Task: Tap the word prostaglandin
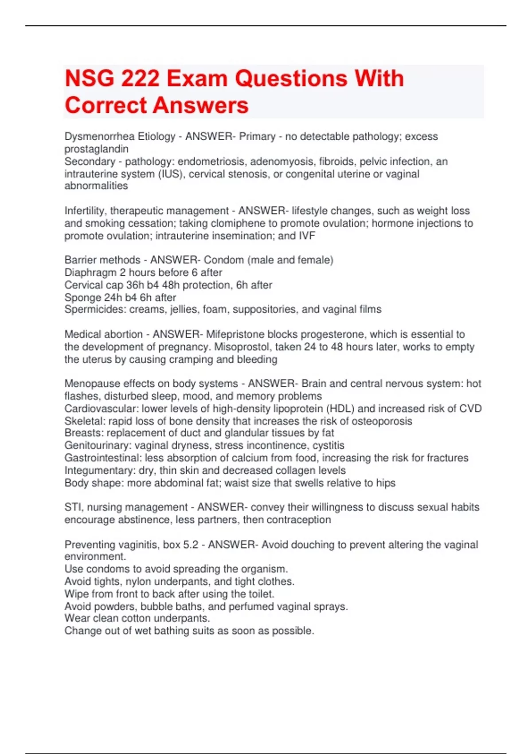96,149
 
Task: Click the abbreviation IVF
307,236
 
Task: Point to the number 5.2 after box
191,544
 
